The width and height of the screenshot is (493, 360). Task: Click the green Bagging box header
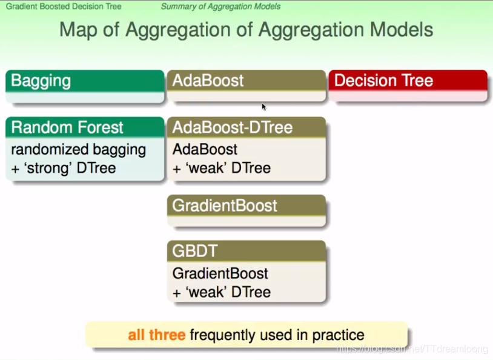pos(85,81)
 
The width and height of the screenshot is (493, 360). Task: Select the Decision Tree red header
pos(408,81)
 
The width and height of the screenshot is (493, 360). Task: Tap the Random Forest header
pos(85,127)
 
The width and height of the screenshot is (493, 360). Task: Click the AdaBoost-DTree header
pos(247,127)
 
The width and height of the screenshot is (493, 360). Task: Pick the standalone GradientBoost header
pos(247,205)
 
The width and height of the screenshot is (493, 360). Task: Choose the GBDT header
pos(247,251)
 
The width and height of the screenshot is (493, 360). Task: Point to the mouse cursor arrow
pos(264,107)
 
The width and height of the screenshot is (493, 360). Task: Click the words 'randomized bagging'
pos(79,150)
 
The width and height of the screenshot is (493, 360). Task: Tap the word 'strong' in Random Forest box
pos(48,168)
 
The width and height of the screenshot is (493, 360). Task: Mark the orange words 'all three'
pos(157,335)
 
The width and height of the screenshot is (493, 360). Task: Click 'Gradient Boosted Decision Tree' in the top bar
pos(64,6)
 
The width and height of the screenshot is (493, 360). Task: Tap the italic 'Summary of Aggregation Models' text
pos(220,6)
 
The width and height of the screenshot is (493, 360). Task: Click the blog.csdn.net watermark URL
pos(412,348)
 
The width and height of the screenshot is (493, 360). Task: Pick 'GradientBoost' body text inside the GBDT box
pos(220,273)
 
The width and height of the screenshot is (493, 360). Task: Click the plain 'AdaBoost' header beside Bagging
pos(208,81)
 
